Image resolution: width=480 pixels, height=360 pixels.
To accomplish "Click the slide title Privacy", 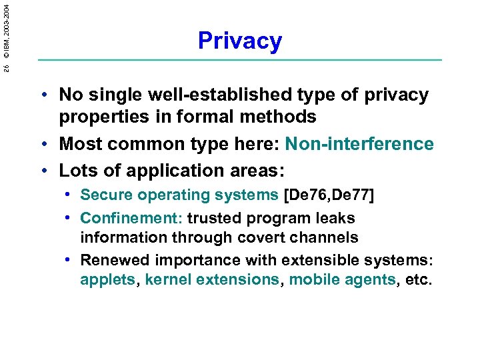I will [x=240, y=41].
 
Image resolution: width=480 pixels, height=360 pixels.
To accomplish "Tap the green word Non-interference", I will [x=359, y=144].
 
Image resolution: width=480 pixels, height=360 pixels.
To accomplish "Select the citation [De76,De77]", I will [x=329, y=195].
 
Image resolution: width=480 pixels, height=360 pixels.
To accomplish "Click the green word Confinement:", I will [x=131, y=218].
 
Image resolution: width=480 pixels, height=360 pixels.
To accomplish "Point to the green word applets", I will [x=107, y=280].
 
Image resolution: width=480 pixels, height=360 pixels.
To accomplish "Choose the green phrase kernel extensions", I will [x=213, y=280].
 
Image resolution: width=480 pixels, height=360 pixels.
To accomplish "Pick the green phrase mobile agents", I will [x=342, y=280].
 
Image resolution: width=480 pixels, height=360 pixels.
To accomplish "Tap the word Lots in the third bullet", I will [x=77, y=170].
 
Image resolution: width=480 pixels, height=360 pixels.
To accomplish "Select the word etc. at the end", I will [x=419, y=280].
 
